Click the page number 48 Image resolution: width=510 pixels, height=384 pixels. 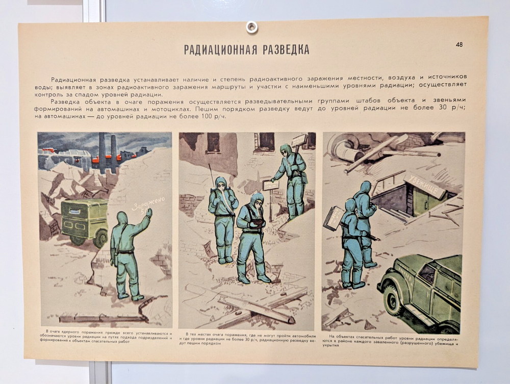(x=460, y=44)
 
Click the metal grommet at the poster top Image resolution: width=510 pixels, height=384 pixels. (x=251, y=27)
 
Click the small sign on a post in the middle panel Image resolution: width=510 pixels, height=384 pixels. (x=270, y=186)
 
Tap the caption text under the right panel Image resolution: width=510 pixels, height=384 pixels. (x=393, y=340)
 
